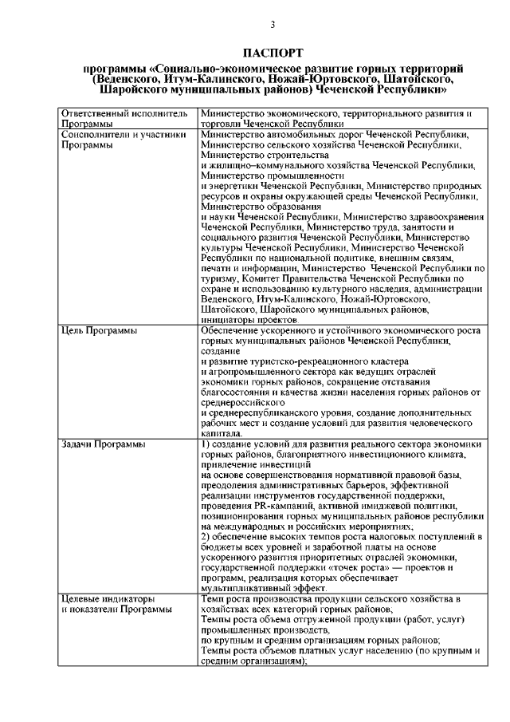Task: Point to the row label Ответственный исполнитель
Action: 124,114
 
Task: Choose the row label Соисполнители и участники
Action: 124,135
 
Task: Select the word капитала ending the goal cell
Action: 223,434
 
